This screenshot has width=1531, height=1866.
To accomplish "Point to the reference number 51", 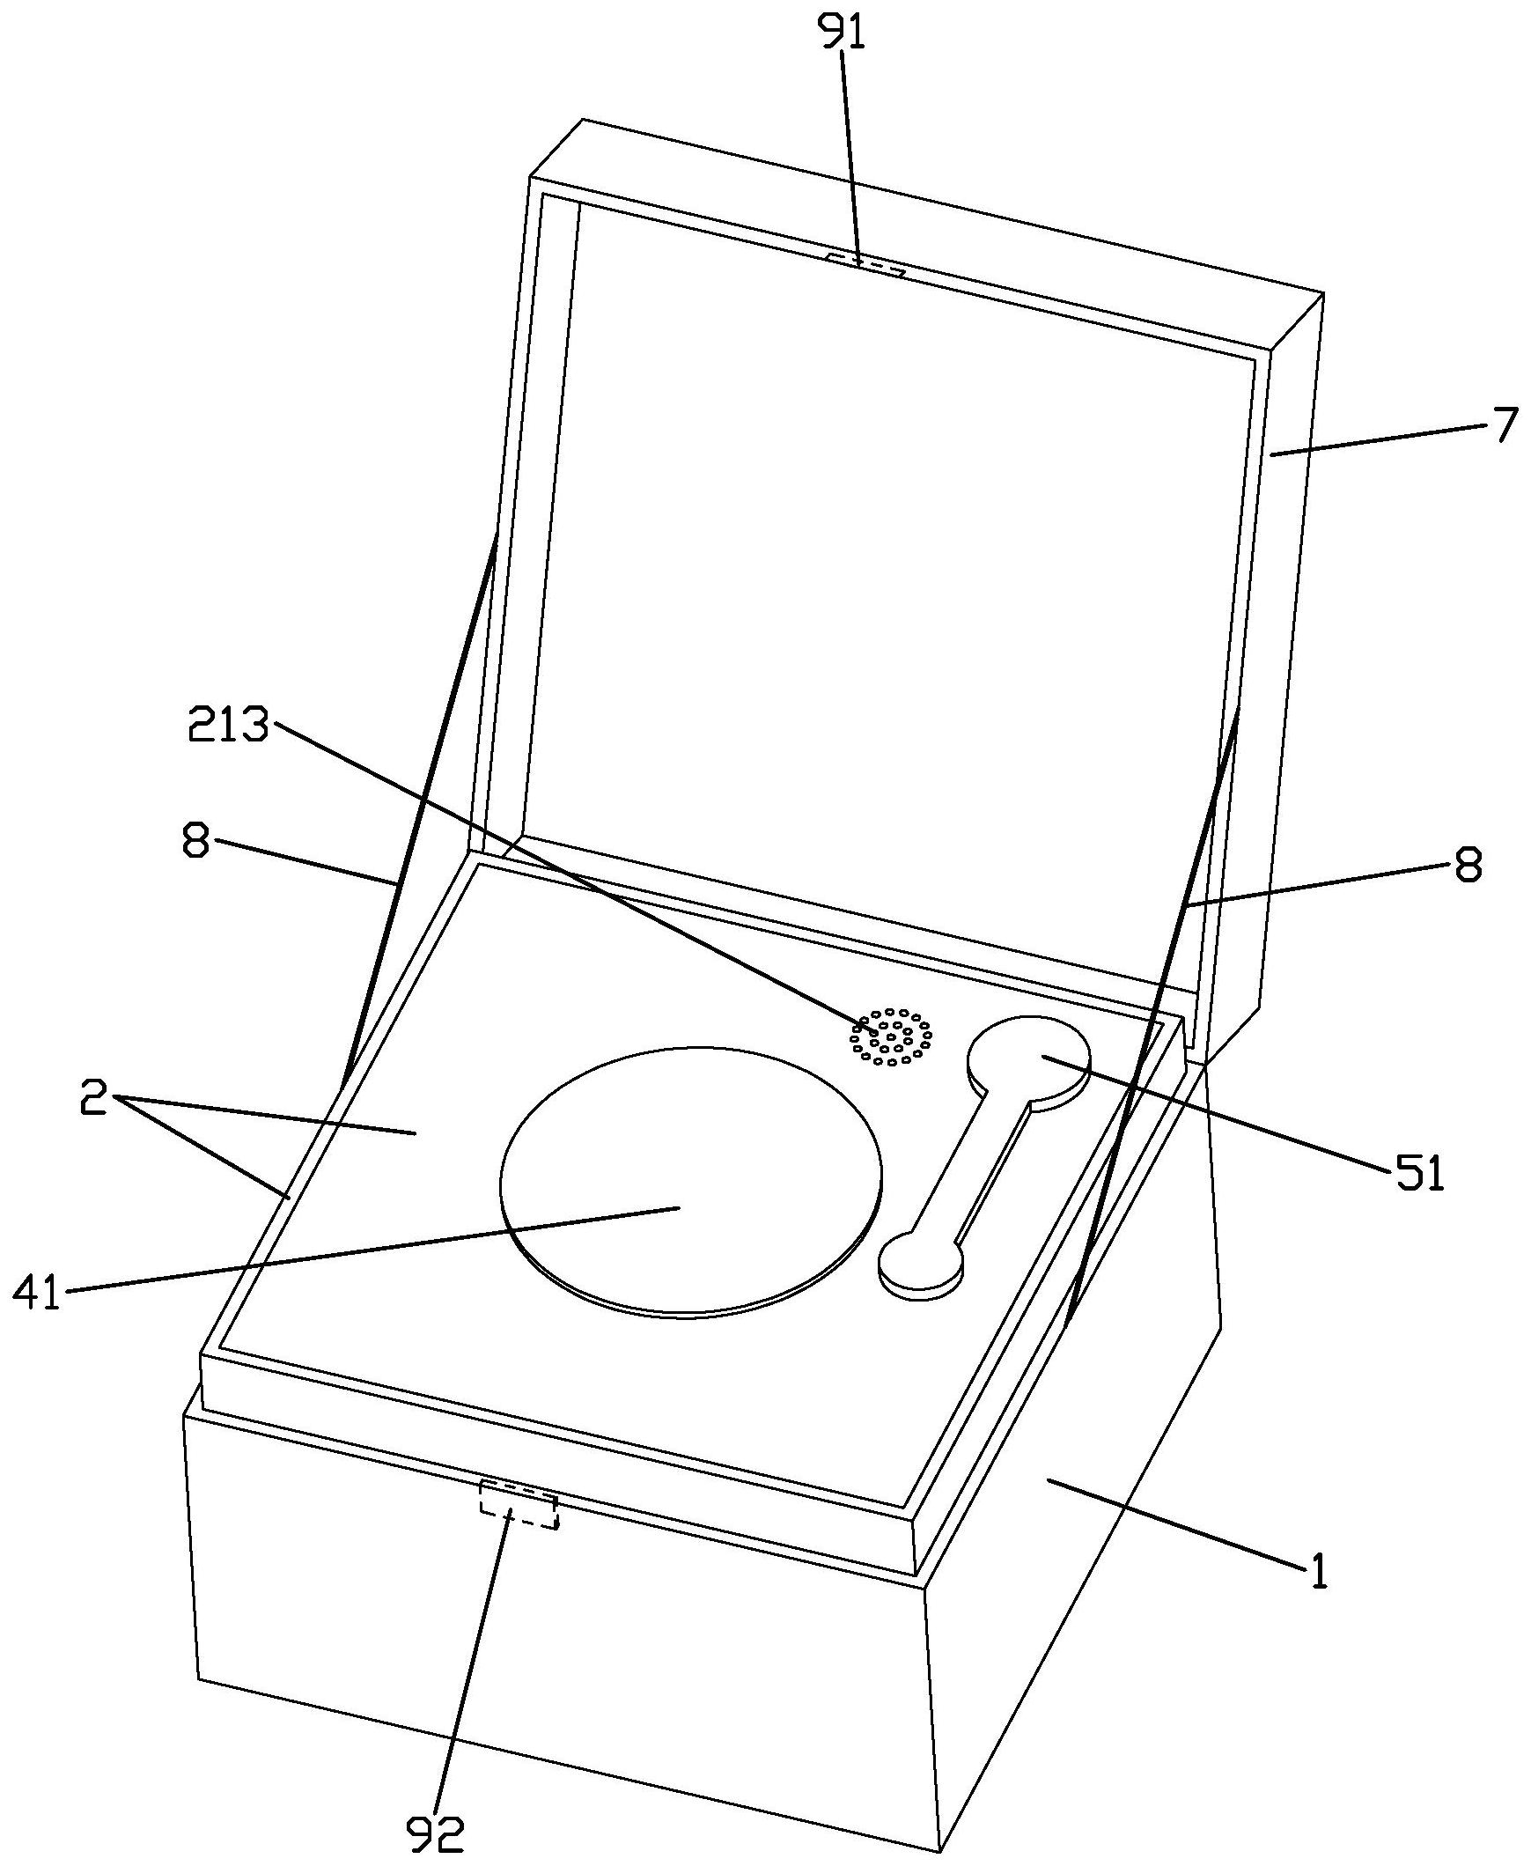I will (x=1419, y=1176).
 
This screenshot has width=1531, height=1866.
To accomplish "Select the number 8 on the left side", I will (x=195, y=841).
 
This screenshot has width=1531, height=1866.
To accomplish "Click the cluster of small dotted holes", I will (x=891, y=1036).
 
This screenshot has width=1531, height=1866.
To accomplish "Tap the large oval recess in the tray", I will (x=689, y=1183).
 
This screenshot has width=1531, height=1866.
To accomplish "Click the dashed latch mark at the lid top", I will (x=865, y=264).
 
